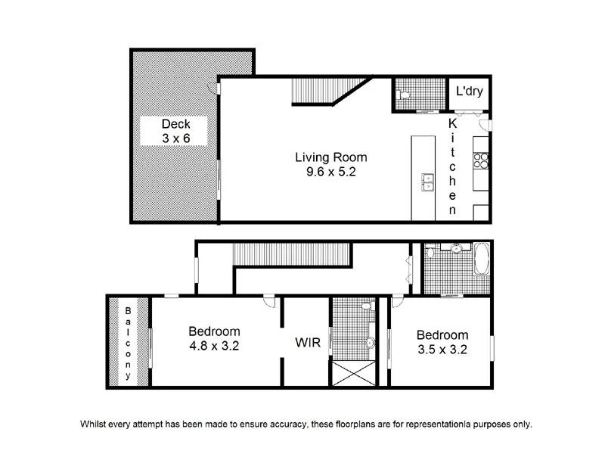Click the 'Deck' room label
175,124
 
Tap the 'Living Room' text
330,157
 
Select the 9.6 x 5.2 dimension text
330,172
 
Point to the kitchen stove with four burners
480,160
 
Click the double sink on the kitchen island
427,182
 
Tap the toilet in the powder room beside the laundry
405,95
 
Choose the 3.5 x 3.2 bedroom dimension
442,350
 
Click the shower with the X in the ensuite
352,375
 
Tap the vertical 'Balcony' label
128,343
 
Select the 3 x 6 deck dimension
175,138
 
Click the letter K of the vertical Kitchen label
452,123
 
